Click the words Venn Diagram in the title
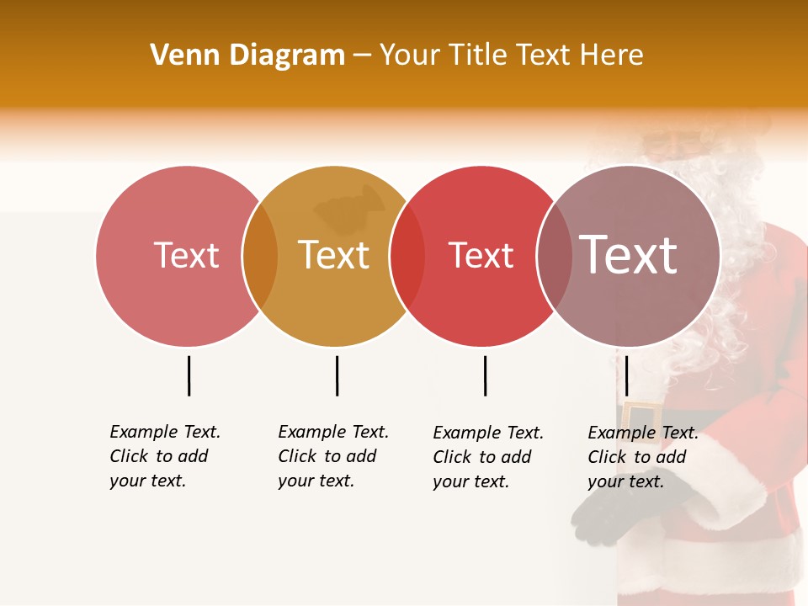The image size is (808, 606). tap(247, 56)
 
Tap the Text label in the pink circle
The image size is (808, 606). tap(186, 255)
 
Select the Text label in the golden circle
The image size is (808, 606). tap(334, 255)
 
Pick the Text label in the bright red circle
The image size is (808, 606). tap(481, 255)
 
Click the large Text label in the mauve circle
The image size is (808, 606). tap(629, 254)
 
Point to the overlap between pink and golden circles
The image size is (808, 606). tap(260, 256)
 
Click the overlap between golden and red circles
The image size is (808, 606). tap(407, 256)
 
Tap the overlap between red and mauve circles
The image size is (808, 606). tap(555, 256)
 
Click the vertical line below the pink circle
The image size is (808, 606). tap(189, 375)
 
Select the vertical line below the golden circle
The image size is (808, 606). tap(337, 375)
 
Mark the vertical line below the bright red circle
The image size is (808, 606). tap(485, 375)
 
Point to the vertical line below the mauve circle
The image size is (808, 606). tap(626, 375)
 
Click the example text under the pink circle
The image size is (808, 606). tap(164, 456)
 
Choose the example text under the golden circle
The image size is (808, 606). tap(332, 456)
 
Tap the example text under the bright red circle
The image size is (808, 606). tap(487, 457)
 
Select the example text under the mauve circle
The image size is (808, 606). tap(642, 457)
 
